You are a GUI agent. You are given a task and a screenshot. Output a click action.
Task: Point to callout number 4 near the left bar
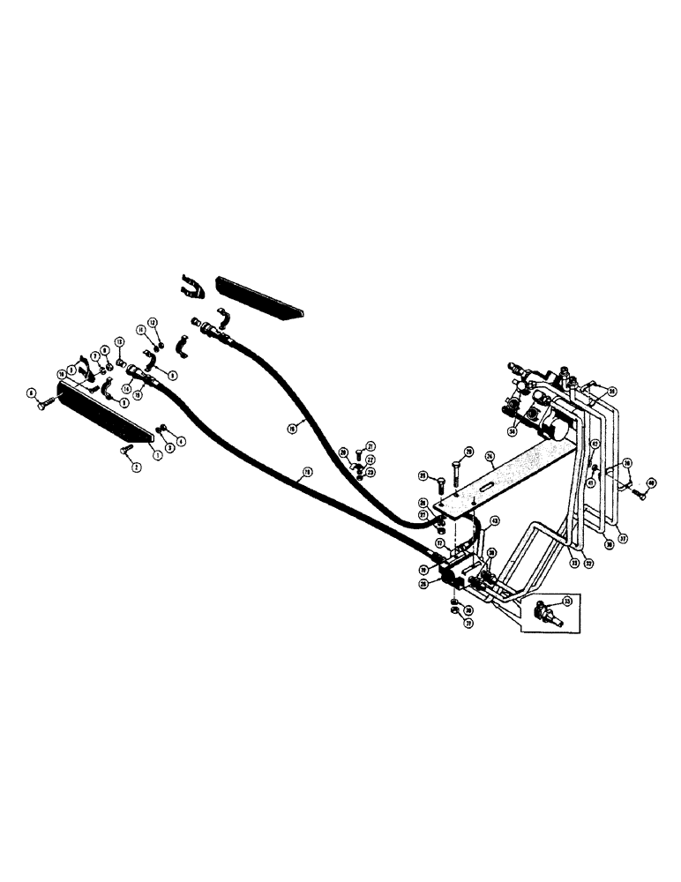(x=181, y=440)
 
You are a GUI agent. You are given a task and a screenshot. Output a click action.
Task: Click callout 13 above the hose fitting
(x=119, y=341)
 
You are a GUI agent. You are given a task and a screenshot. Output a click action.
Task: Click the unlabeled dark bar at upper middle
(x=261, y=297)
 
